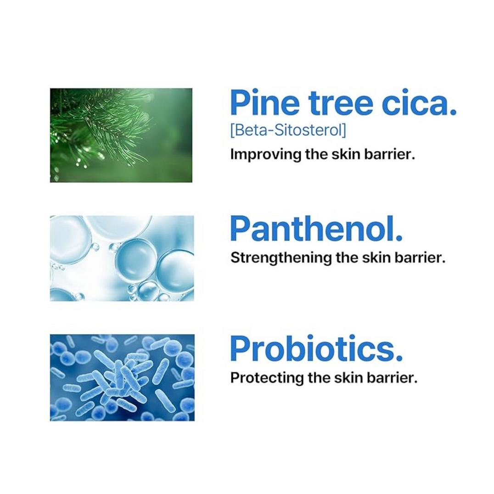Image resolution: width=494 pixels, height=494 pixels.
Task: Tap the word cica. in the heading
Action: (x=419, y=103)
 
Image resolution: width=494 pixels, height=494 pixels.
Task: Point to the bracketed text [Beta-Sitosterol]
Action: (x=288, y=130)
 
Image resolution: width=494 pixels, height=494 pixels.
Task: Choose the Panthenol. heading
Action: (x=316, y=228)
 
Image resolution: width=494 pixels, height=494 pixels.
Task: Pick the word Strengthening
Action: (x=281, y=258)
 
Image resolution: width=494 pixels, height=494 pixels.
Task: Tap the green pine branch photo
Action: (x=121, y=135)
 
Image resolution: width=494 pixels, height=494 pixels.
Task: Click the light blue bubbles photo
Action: (x=122, y=258)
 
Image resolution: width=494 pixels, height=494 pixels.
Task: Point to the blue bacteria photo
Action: (x=122, y=377)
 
